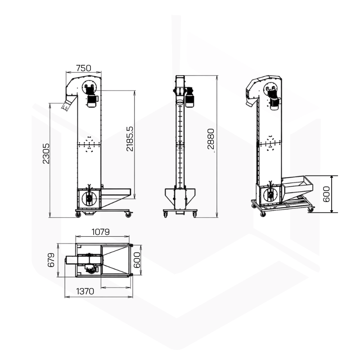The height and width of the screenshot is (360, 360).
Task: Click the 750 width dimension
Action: (x=84, y=68)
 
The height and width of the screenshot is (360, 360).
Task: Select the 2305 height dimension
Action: (x=46, y=153)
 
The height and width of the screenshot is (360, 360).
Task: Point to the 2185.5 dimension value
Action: (x=130, y=139)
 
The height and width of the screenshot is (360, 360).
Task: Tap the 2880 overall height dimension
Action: (x=211, y=139)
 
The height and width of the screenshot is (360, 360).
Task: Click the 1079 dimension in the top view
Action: (x=100, y=232)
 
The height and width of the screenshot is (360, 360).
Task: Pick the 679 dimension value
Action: (x=51, y=260)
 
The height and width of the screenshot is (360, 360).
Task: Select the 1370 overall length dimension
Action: (x=85, y=291)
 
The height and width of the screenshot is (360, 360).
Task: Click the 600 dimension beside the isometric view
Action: (x=326, y=194)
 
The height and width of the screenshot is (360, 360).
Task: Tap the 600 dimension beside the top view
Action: (x=137, y=260)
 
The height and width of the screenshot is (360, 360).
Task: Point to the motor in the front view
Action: (x=189, y=97)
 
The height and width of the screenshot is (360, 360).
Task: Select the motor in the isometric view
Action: (x=274, y=99)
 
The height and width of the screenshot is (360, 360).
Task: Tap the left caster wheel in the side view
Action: (x=78, y=215)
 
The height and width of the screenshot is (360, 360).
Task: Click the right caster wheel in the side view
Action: (x=128, y=215)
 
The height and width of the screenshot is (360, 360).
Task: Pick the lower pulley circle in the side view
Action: (x=89, y=198)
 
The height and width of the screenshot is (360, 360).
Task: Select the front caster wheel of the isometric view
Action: (x=263, y=214)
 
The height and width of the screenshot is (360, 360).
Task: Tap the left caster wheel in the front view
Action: (x=165, y=215)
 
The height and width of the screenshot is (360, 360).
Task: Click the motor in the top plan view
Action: (x=91, y=268)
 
